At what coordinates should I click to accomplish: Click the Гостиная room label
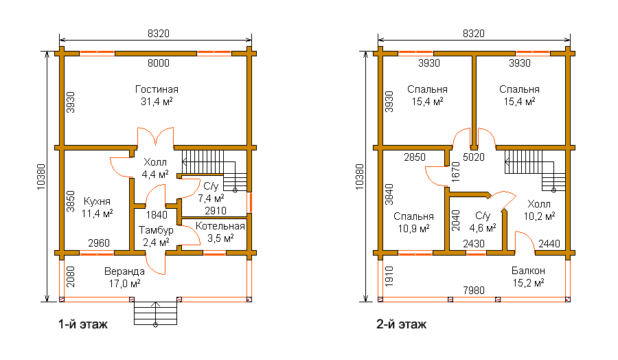157,89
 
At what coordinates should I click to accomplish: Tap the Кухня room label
97,201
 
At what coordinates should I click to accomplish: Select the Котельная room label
220,226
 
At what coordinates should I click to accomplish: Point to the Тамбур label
156,230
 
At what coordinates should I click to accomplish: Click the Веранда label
124,271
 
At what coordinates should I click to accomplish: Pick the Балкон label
528,271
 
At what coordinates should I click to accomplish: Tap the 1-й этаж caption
83,324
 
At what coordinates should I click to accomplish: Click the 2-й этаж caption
401,324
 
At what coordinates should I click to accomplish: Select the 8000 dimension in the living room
159,63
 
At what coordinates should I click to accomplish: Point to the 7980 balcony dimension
474,291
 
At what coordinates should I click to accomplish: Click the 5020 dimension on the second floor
474,157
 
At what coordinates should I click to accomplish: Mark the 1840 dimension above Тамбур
157,215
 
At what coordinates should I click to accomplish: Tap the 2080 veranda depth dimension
71,277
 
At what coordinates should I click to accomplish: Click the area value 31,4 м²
157,102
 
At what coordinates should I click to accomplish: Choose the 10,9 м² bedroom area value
413,228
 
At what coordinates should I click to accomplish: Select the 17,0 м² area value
124,284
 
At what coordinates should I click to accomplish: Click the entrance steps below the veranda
155,313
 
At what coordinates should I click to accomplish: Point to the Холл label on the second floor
539,204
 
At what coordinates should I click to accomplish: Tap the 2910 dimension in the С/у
215,211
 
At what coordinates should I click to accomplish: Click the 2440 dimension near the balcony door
549,244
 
